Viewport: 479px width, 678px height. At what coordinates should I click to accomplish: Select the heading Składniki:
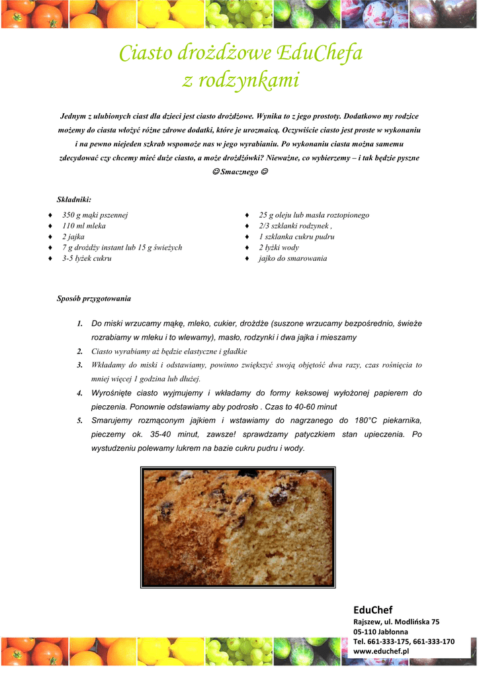[74, 199]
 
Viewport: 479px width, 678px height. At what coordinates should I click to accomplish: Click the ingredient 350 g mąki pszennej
[95, 215]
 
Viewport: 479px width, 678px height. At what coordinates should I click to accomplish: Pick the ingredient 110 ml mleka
[84, 226]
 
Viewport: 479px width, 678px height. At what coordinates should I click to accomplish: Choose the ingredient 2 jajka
[73, 236]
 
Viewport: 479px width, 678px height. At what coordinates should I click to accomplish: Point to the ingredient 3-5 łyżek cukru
[87, 258]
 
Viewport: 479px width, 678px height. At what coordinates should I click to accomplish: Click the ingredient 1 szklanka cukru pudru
[296, 236]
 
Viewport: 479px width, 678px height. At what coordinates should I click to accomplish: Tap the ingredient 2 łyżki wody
[279, 248]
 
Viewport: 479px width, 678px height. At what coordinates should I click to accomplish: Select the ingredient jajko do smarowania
[292, 258]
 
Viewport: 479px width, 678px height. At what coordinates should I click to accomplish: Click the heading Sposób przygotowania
[94, 299]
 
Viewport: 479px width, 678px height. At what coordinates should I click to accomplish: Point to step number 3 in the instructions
[79, 365]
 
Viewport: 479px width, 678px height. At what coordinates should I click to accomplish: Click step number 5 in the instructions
[79, 420]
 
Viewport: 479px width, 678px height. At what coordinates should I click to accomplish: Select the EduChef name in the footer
[372, 609]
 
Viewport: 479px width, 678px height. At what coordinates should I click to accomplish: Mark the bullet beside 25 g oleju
[247, 216]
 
